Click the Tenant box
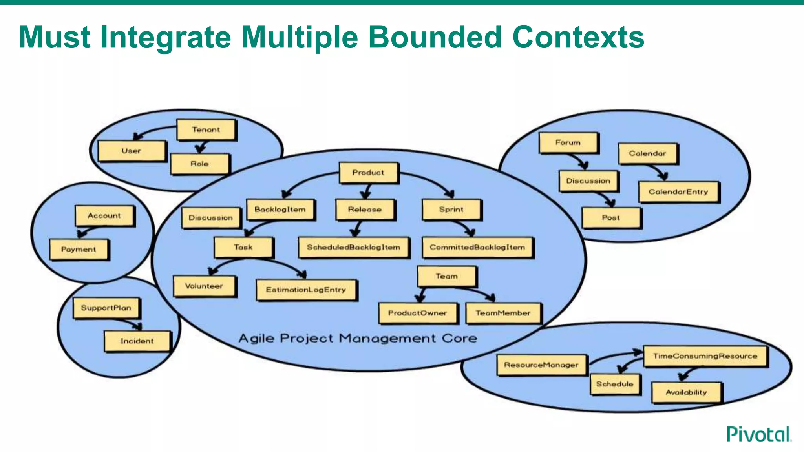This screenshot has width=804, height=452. tap(206, 130)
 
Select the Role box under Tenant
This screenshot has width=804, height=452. tap(199, 164)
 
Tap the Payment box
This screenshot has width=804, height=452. tap(79, 250)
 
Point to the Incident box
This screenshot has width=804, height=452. tap(137, 341)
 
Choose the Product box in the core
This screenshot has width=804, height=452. tap(368, 173)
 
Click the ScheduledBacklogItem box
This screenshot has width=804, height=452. tap(353, 247)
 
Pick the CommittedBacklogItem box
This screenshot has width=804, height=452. tap(477, 247)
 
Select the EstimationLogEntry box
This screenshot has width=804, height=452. tap(306, 290)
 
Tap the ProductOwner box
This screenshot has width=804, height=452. tap(418, 313)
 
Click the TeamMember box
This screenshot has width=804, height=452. tap(503, 313)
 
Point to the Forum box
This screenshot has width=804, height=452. tap(568, 143)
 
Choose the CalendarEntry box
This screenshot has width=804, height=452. tap(678, 192)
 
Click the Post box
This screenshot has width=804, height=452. tap(611, 218)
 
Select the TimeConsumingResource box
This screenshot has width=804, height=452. tap(705, 356)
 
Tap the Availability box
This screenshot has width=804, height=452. tap(686, 392)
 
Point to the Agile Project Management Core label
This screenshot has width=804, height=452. tap(358, 338)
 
